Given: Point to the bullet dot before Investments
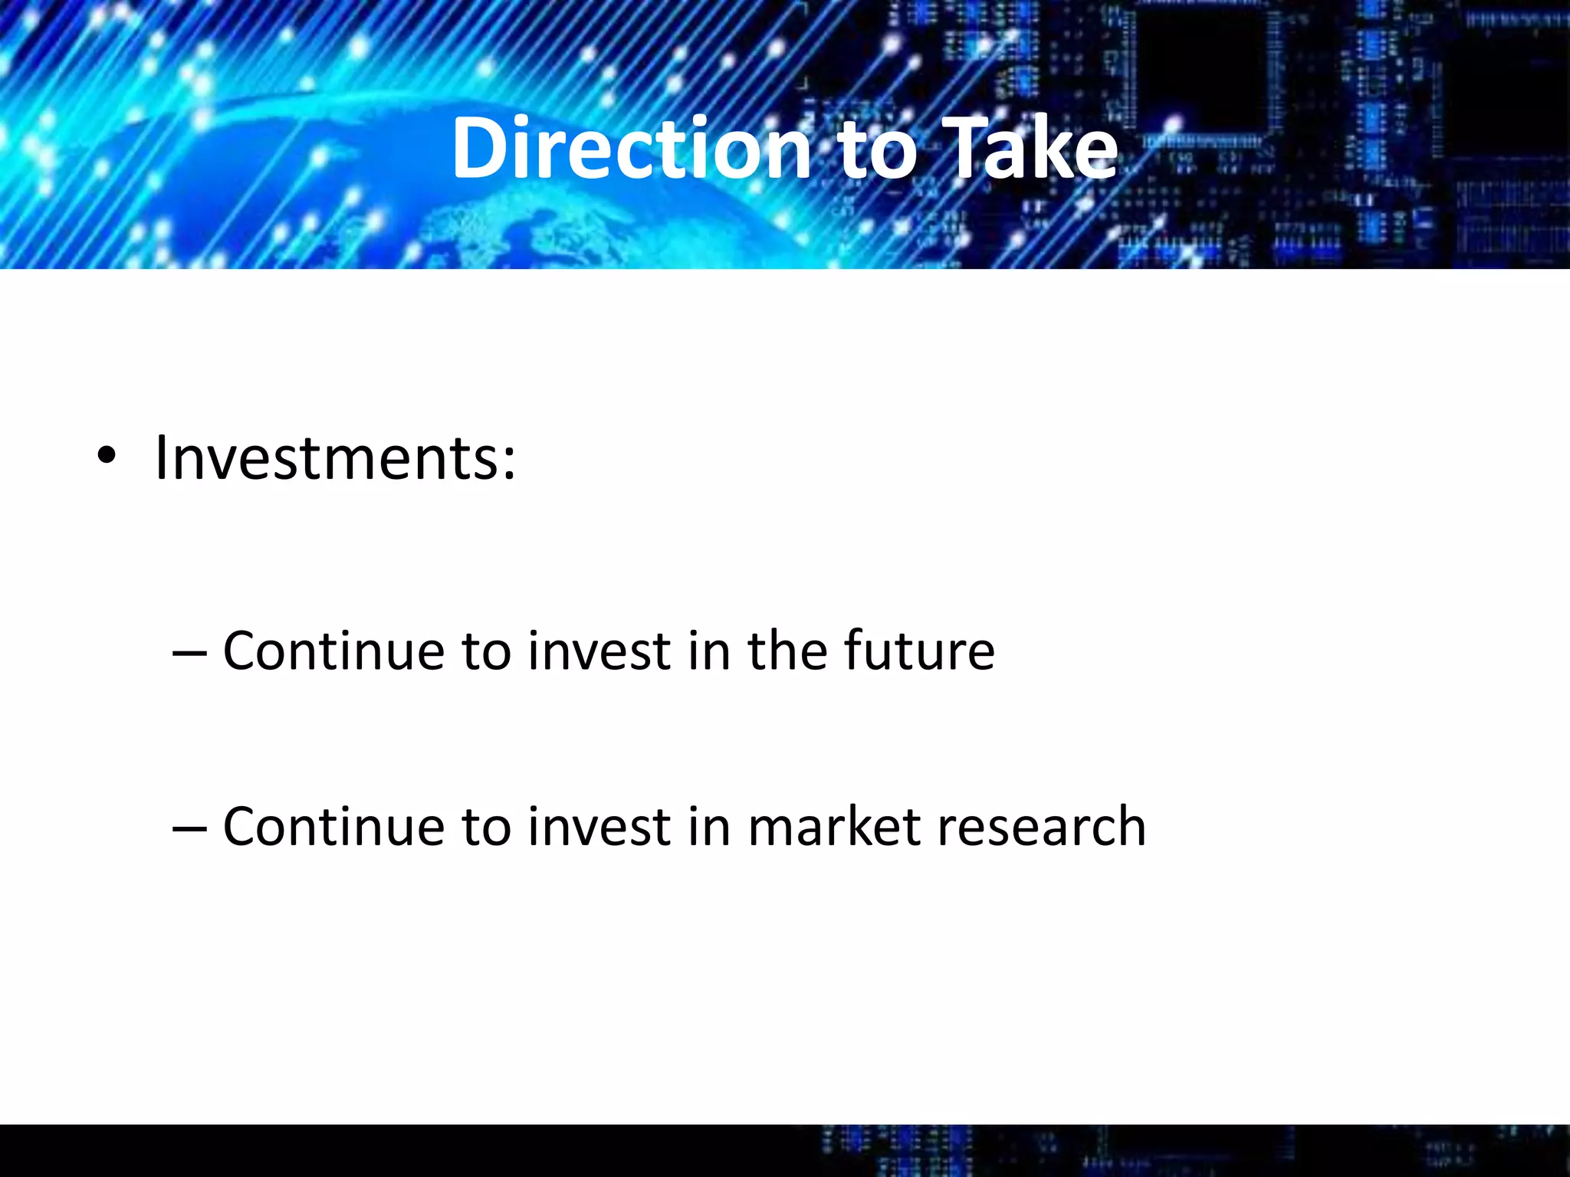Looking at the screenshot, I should [x=107, y=458].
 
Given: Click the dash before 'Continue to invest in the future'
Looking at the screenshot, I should [x=189, y=653].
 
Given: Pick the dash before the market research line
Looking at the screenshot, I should [x=189, y=829].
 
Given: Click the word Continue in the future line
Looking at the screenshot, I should [x=333, y=651].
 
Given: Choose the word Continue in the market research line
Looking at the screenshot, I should [x=333, y=827].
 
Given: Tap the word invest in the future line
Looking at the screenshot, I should [x=599, y=651].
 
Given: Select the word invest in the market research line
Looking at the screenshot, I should [x=599, y=827].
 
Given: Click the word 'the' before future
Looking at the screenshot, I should [x=785, y=651].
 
